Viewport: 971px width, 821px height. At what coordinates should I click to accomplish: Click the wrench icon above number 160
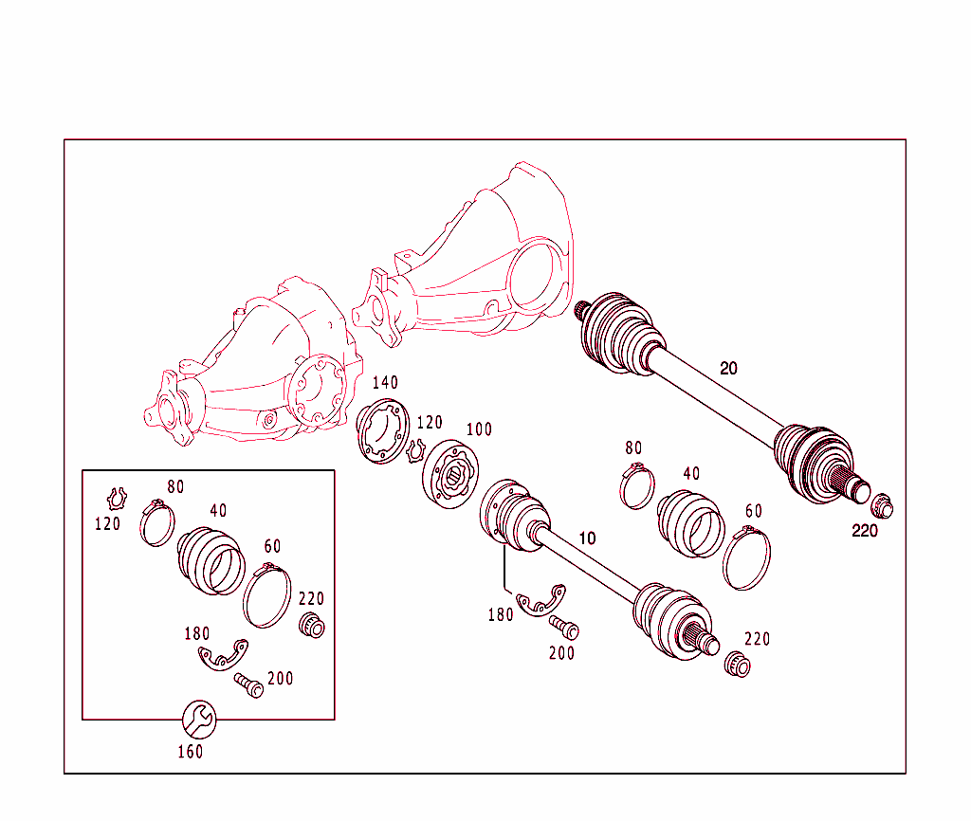click(x=198, y=720)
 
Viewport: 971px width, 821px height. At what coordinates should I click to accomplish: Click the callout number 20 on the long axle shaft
click(x=728, y=368)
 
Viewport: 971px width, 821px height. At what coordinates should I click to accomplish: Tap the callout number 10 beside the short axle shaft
click(x=587, y=538)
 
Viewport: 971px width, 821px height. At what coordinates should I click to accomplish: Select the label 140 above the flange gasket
click(x=384, y=383)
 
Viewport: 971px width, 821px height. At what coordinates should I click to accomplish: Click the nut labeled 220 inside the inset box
click(x=310, y=626)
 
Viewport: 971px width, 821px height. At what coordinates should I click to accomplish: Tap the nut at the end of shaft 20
click(x=881, y=506)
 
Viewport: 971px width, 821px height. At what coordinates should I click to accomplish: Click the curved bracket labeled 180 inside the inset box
click(x=224, y=655)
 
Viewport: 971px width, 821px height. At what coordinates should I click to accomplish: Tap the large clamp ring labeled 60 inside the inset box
click(x=267, y=593)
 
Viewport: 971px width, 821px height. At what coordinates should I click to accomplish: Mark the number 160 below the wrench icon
click(x=190, y=752)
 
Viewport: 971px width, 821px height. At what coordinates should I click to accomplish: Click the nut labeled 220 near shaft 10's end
click(x=737, y=664)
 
